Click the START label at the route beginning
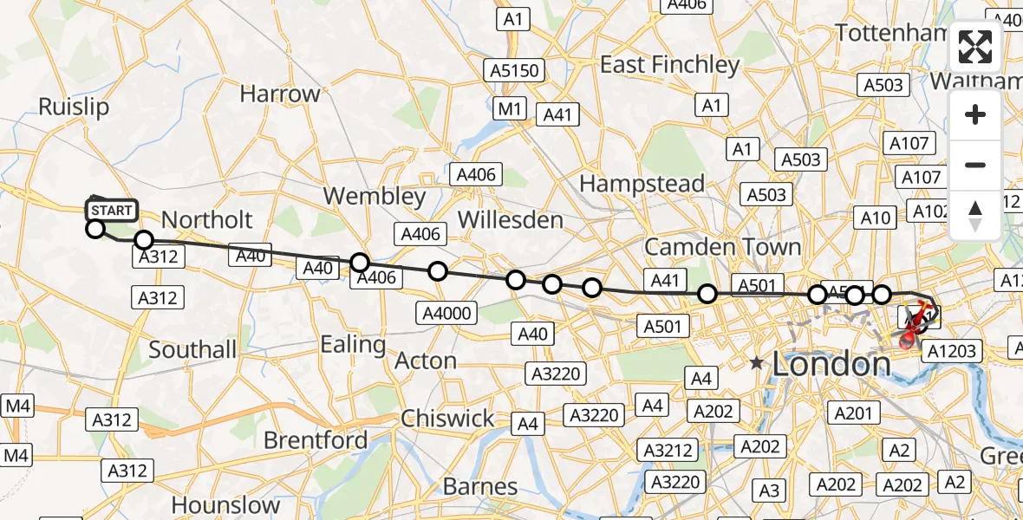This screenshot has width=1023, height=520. point(112,211)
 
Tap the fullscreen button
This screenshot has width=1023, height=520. point(975,47)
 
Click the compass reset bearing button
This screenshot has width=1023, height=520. point(975,216)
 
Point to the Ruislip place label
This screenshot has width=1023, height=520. point(74,107)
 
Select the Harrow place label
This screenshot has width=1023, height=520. point(280,94)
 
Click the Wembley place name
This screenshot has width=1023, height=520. point(375,196)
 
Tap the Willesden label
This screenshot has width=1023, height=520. point(510,220)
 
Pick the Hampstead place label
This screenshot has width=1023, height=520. point(642,184)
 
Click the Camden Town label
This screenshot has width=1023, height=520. point(723,247)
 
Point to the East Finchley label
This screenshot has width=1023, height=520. point(670,65)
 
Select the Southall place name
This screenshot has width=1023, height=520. point(192,350)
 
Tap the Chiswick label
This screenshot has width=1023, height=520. point(447,419)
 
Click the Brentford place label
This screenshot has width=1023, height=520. point(316,440)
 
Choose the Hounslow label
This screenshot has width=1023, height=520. point(225,504)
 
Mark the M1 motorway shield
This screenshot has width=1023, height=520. point(510,108)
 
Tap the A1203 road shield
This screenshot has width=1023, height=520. point(951,351)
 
